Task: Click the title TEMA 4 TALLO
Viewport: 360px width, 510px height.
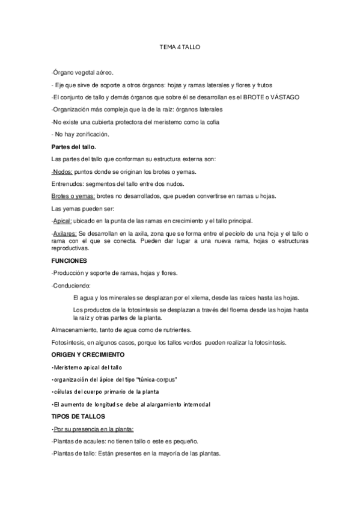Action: (180, 46)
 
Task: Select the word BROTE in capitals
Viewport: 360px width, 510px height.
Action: (253, 97)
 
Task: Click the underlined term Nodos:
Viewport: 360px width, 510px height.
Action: (61, 171)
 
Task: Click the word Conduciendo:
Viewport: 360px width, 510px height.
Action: (70, 285)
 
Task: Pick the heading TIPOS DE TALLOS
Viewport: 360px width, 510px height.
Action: (78, 416)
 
